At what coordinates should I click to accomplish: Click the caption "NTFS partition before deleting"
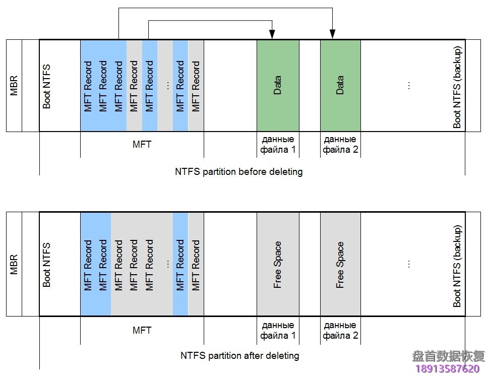239,171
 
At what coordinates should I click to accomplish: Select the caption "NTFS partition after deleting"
239,355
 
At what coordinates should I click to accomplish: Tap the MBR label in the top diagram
14,86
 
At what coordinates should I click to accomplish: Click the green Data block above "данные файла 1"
278,86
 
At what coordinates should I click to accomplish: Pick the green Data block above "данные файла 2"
340,86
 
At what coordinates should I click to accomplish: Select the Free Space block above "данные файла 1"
278,265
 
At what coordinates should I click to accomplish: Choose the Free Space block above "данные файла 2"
340,265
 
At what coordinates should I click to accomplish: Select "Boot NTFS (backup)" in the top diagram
457,87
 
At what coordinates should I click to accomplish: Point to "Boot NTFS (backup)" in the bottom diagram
457,266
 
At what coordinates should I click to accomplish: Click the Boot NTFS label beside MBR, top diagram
47,86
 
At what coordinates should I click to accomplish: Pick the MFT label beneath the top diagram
142,145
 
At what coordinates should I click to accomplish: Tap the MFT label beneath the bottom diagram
142,330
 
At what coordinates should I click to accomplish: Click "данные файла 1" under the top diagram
278,144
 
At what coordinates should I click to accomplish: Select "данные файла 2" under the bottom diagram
340,330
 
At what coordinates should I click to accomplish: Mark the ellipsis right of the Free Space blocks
409,264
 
